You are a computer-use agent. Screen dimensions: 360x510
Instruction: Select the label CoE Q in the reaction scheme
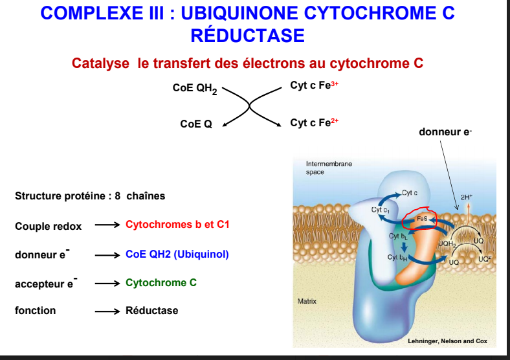[196, 124]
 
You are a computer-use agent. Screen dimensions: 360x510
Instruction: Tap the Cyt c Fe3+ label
[315, 85]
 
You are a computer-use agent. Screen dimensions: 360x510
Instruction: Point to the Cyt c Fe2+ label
[315, 122]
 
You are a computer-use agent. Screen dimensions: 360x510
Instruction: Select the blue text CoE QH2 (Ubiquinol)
[177, 254]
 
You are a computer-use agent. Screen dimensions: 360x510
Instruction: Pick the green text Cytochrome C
[161, 283]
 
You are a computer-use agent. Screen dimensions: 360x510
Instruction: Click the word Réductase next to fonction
[151, 311]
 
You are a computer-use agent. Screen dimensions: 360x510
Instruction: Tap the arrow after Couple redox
[107, 225]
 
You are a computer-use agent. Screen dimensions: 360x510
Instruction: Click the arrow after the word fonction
[107, 311]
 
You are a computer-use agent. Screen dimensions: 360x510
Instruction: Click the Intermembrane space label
[329, 168]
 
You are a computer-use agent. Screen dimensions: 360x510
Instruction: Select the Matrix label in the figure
[307, 302]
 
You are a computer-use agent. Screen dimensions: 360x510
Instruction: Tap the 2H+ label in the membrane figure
[466, 197]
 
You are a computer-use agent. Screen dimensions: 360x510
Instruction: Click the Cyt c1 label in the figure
[380, 210]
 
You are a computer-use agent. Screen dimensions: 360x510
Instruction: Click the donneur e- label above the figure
[445, 132]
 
